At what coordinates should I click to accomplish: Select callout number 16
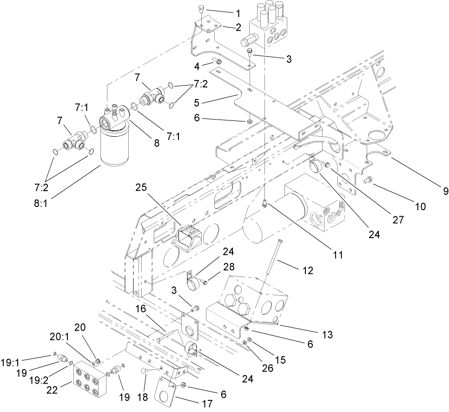click(140, 309)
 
